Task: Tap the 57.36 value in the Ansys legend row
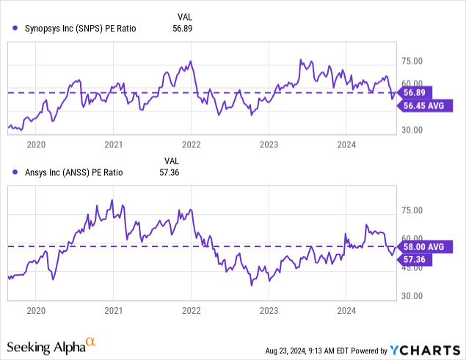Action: tap(171, 172)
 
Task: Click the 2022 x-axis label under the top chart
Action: tap(192, 144)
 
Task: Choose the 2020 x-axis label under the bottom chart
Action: tap(36, 311)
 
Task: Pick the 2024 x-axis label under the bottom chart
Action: tap(346, 311)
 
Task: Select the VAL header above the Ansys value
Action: tap(171, 161)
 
